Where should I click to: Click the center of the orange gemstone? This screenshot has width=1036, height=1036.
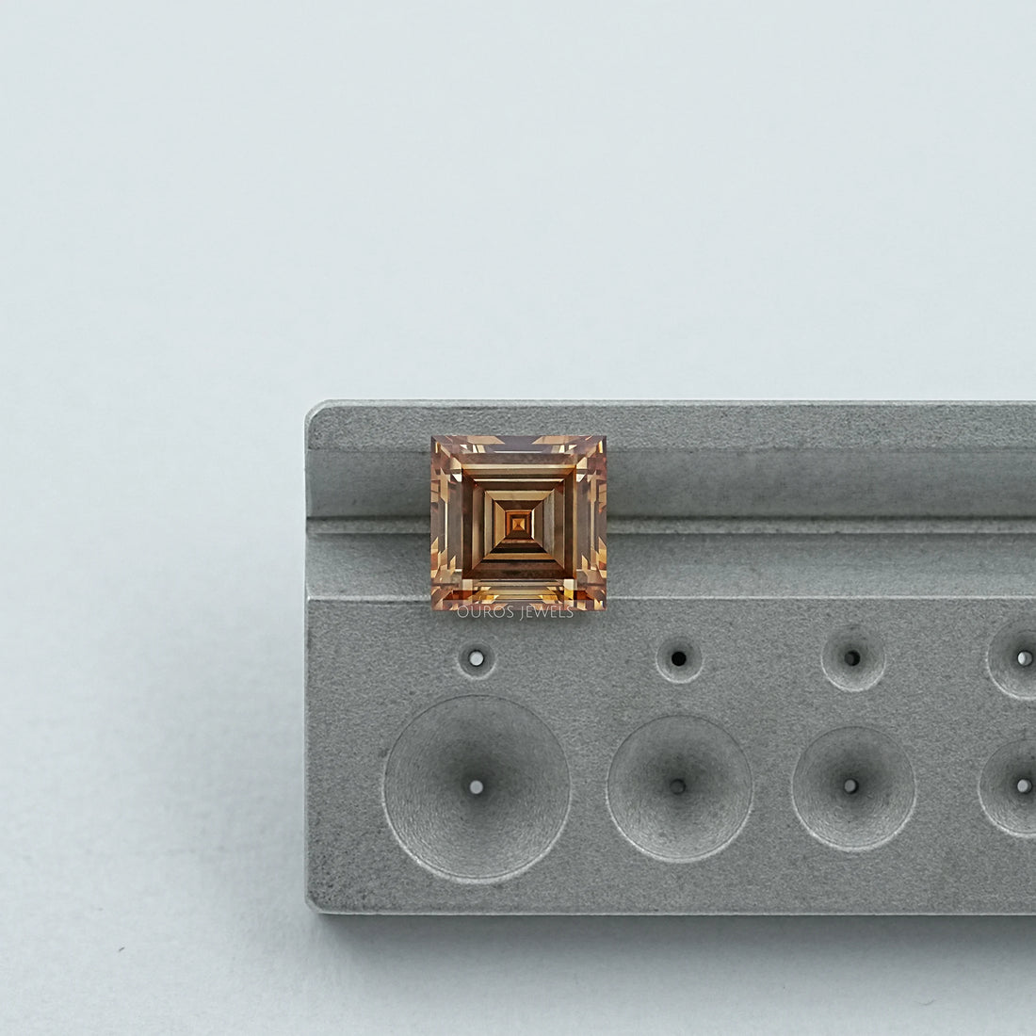519,523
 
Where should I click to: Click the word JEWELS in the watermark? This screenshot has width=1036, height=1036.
545,612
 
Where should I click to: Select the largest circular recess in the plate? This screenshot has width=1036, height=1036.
477,787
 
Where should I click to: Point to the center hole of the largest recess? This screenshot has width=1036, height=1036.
477,787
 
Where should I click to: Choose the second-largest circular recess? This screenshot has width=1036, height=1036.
679,787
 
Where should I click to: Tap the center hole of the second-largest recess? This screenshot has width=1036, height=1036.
678,786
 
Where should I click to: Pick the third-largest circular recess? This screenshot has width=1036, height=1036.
853,787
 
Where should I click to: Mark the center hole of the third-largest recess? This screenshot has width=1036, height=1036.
851,786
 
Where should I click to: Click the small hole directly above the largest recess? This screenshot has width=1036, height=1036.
477,658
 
